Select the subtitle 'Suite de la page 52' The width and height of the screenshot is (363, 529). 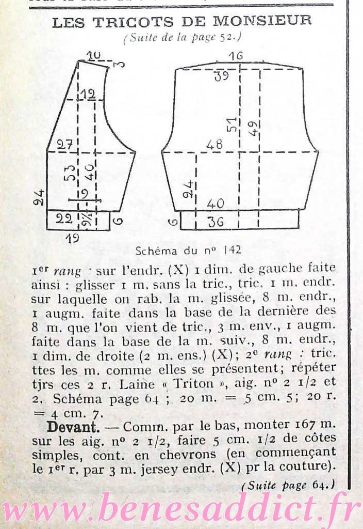183,37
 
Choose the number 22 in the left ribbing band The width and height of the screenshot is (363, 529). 64,219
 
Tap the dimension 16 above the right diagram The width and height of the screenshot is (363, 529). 236,56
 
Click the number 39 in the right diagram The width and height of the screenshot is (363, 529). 222,76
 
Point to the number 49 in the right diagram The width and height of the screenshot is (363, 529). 253,127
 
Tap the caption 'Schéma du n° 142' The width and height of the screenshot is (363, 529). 188,251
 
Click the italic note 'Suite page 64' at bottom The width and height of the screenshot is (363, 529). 288,485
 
